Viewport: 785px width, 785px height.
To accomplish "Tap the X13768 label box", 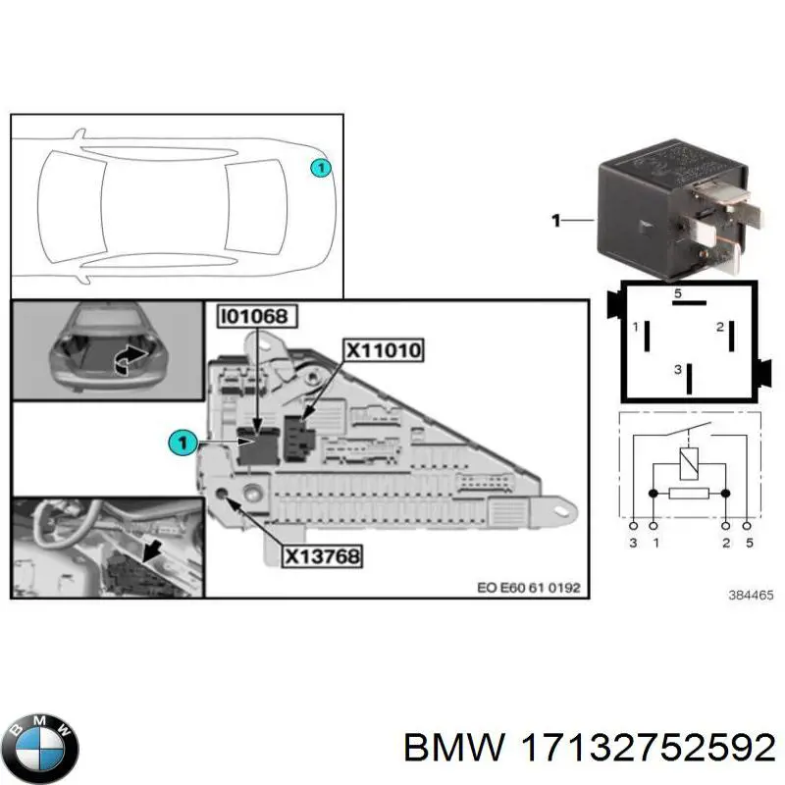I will pyautogui.click(x=322, y=555).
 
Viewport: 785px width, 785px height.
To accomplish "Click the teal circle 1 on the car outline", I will pyautogui.click(x=319, y=169).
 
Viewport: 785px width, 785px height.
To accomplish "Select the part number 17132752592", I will pyautogui.click(x=654, y=749).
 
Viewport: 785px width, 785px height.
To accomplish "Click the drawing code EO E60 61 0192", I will pyautogui.click(x=528, y=588).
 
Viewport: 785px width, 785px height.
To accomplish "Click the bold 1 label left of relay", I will pyautogui.click(x=555, y=222).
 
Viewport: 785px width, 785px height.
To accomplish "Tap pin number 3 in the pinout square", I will pyautogui.click(x=676, y=369).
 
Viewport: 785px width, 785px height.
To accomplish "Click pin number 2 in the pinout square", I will pyautogui.click(x=719, y=327).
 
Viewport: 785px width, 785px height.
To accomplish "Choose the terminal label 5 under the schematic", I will pyautogui.click(x=750, y=542).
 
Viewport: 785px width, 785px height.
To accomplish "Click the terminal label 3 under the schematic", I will pyautogui.click(x=633, y=542).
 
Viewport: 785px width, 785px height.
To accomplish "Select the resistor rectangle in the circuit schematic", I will pyautogui.click(x=691, y=494).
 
